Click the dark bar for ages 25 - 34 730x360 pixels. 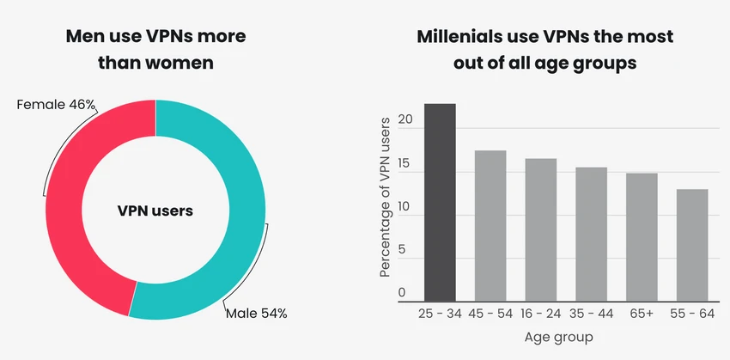[440, 203]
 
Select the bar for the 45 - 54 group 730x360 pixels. [490, 226]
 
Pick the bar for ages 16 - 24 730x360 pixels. [541, 230]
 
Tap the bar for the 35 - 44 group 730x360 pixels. [591, 235]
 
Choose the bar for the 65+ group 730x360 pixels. [642, 237]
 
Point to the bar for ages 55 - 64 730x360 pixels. [692, 246]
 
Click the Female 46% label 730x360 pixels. [56, 105]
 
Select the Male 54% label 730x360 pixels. [257, 314]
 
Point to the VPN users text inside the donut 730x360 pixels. [155, 211]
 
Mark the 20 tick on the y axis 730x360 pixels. [405, 119]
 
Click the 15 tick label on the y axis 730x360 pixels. [405, 163]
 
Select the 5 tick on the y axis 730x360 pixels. [402, 250]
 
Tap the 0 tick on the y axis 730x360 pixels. [402, 293]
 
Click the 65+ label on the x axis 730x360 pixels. [642, 314]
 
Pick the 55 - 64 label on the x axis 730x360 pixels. [692, 314]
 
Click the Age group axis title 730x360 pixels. [559, 337]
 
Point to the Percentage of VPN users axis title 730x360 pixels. [385, 198]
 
